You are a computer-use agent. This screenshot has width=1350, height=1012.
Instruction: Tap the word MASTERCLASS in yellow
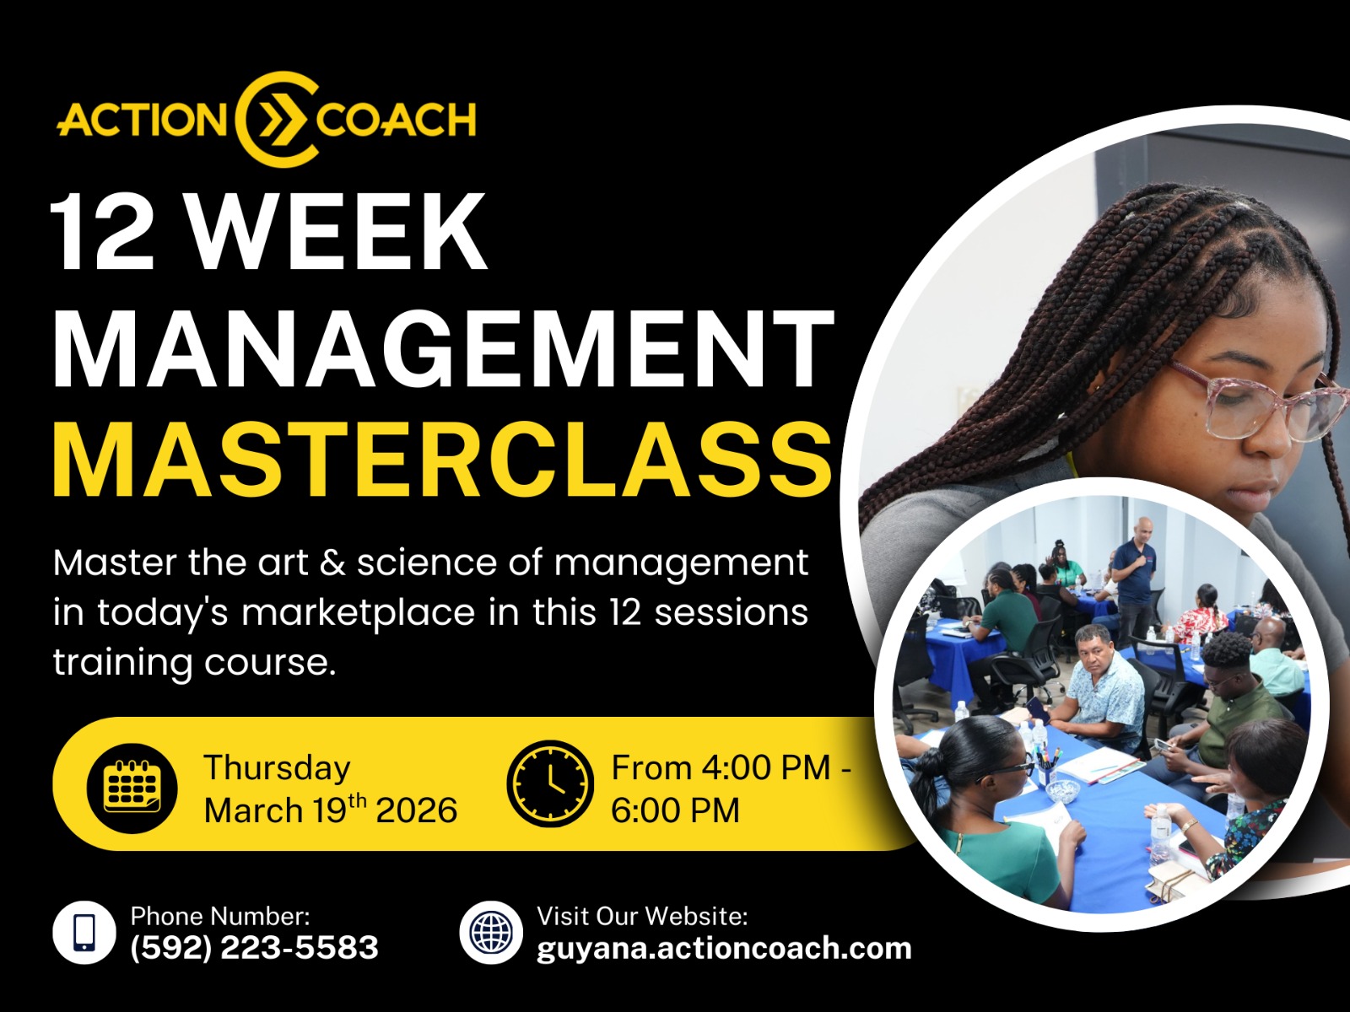pyautogui.click(x=442, y=460)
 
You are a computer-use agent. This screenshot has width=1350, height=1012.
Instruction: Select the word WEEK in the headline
pyautogui.click(x=336, y=230)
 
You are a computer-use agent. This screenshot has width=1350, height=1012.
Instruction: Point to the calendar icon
pyautogui.click(x=132, y=789)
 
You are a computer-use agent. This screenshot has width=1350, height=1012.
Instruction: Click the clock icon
pyautogui.click(x=550, y=783)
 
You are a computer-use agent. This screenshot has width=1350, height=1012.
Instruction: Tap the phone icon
pyautogui.click(x=84, y=932)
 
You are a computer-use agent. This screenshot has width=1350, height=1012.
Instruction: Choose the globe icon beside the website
pyautogui.click(x=491, y=932)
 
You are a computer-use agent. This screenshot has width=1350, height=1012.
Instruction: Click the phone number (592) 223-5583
pyautogui.click(x=254, y=947)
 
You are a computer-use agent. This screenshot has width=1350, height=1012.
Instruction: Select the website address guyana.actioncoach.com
pyautogui.click(x=724, y=948)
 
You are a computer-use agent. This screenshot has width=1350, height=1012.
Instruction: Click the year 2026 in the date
pyautogui.click(x=416, y=810)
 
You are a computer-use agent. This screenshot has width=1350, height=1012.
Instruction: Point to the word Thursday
pyautogui.click(x=277, y=768)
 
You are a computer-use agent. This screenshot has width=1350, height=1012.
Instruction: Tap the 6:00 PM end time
pyautogui.click(x=675, y=810)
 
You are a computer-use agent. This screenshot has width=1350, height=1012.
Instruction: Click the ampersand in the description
pyautogui.click(x=332, y=563)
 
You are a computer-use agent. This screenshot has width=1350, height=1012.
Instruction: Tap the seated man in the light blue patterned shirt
pyautogui.click(x=1101, y=688)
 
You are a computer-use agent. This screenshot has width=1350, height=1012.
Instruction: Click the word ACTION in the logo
pyautogui.click(x=142, y=119)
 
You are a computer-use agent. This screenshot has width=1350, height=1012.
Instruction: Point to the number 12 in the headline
pyautogui.click(x=101, y=230)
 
